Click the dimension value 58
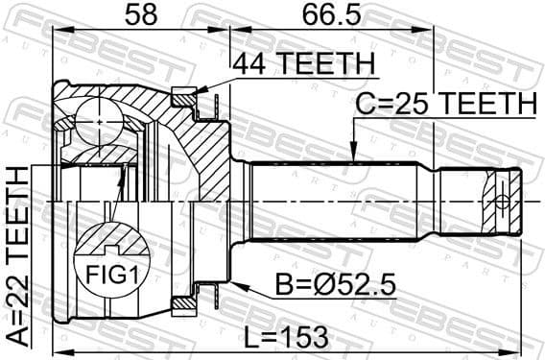[x=140, y=16]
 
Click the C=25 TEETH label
[x=445, y=104]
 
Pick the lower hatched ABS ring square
[x=181, y=305]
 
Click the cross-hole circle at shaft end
[x=499, y=203]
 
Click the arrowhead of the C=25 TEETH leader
[x=354, y=157]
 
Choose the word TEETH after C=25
[x=487, y=104]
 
